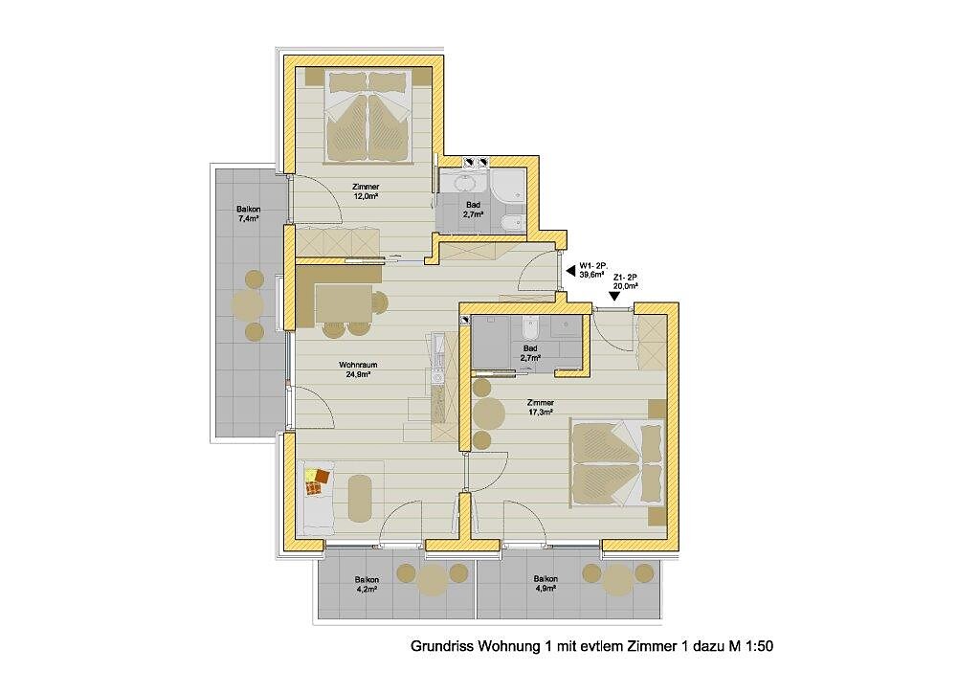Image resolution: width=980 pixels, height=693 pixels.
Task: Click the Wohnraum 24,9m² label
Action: (358, 369)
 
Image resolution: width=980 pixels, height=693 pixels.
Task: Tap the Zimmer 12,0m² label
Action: (366, 191)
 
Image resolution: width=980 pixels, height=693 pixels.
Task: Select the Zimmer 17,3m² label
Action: (541, 408)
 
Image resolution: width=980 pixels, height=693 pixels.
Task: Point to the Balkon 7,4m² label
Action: (248, 213)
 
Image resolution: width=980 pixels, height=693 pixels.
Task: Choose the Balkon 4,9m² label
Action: (546, 584)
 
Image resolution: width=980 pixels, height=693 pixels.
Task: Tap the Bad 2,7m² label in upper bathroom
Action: (473, 209)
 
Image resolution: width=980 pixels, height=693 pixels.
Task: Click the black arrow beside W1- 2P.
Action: (569, 271)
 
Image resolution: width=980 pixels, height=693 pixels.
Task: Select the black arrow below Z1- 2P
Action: (615, 297)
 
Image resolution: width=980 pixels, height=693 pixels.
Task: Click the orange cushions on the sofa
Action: (317, 481)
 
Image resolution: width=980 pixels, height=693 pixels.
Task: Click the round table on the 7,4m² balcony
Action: (248, 304)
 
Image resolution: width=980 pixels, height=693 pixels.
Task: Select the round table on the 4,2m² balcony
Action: (432, 579)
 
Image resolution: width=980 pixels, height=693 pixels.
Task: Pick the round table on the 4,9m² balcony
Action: (617, 579)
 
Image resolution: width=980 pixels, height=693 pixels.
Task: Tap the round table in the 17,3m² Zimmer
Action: (489, 413)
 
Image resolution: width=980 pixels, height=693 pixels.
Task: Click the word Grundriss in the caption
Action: (441, 646)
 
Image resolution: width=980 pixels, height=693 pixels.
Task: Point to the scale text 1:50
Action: (759, 645)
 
